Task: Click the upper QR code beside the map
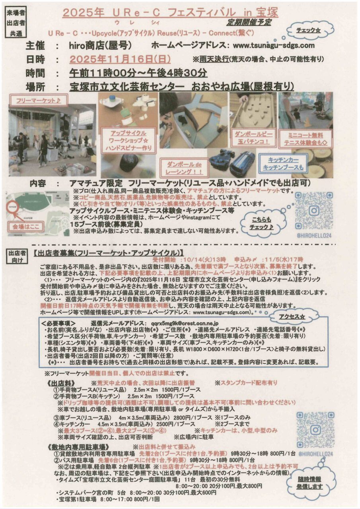(313, 210)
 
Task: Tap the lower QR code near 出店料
(315, 430)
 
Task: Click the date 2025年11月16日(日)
(120, 59)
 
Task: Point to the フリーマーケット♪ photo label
(36, 101)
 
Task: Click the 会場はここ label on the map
(27, 227)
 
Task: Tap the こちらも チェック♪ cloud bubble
(261, 223)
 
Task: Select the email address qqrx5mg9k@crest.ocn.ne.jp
(179, 322)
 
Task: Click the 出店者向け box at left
(16, 256)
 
